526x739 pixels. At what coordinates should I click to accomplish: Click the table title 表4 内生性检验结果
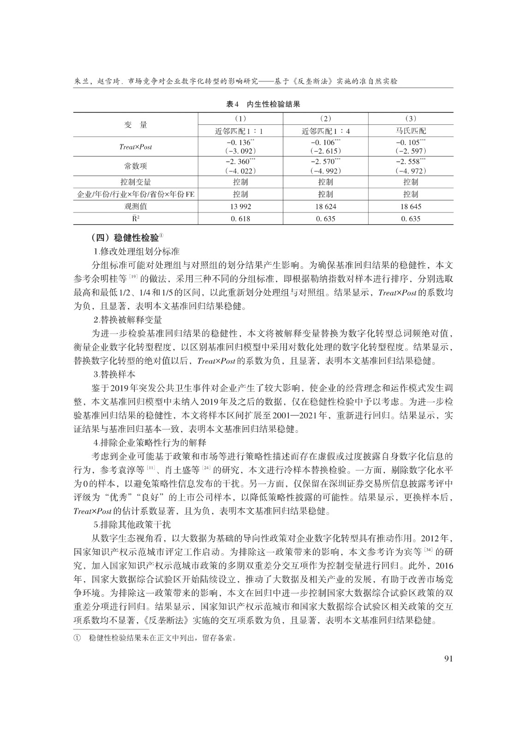point(263,104)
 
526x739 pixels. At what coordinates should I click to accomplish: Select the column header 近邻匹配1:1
point(240,131)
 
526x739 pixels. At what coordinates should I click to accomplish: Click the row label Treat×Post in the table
point(135,147)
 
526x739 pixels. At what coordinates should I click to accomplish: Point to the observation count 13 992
point(240,206)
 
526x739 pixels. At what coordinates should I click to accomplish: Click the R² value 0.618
point(240,218)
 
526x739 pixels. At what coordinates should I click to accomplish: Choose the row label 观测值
point(135,206)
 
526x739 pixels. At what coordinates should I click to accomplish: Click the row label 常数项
point(135,166)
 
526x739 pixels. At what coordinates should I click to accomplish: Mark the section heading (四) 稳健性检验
point(125,238)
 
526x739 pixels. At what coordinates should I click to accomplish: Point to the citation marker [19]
point(133,277)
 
